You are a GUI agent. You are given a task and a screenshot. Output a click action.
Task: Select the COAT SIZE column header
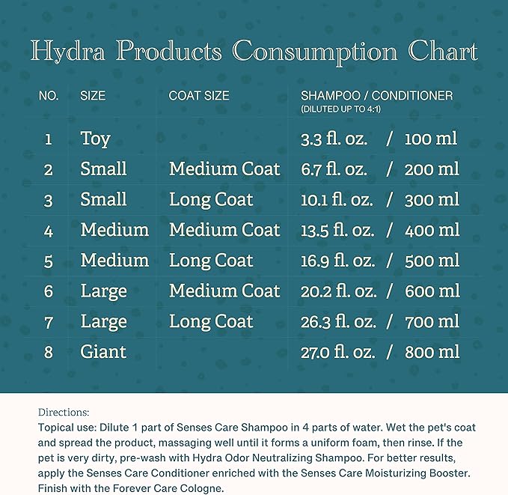click(x=199, y=96)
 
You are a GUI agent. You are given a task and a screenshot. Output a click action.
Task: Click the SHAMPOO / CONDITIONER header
click(x=376, y=96)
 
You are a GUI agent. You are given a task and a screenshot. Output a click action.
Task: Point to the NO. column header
click(x=49, y=96)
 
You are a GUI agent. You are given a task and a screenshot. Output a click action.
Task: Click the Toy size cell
click(x=95, y=139)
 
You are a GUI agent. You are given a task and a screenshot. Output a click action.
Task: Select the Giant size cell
click(x=103, y=352)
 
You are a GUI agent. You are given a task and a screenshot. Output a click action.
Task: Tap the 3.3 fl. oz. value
click(x=334, y=139)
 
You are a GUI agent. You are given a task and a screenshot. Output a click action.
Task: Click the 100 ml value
click(x=431, y=139)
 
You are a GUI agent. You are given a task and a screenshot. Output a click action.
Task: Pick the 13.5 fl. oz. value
click(x=337, y=230)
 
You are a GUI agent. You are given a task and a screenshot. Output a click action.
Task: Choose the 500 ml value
click(x=432, y=261)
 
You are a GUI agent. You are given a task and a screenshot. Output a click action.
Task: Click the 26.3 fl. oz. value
click(x=337, y=322)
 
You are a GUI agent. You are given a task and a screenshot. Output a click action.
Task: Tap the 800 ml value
click(x=432, y=352)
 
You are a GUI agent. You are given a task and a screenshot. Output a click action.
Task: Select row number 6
click(x=49, y=291)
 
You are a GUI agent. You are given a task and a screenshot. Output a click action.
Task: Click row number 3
click(x=49, y=200)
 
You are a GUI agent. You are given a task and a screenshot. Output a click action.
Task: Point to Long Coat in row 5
click(x=211, y=261)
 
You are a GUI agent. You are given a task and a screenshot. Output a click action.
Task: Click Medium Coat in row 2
click(x=224, y=169)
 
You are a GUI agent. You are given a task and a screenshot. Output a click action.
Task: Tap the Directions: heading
click(x=64, y=412)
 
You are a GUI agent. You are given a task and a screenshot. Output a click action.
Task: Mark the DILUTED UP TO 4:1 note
click(x=345, y=109)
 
